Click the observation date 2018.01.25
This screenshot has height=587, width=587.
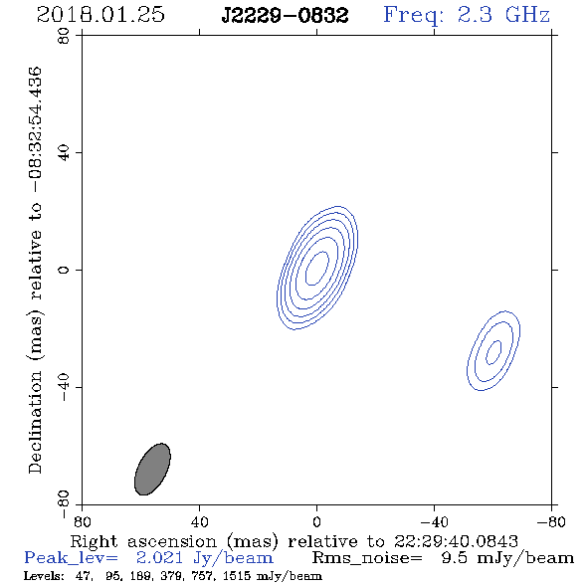point(100,15)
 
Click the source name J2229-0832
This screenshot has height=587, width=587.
point(285,16)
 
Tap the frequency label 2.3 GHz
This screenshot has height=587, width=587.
point(503,15)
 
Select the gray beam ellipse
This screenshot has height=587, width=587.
point(152,469)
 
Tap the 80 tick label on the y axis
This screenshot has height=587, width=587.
point(64,36)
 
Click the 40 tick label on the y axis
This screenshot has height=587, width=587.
point(64,153)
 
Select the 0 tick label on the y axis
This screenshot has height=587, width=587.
point(64,270)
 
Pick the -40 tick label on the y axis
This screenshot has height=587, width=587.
point(64,387)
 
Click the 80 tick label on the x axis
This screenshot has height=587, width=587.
point(82,521)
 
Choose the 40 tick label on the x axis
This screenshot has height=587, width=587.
point(200,521)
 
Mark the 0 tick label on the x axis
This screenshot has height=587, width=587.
point(316,521)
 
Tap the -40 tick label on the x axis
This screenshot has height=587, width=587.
point(434,521)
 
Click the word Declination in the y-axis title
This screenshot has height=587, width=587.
point(35,423)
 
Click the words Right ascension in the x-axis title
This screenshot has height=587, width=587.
point(143,542)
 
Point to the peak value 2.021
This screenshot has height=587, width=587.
point(159,558)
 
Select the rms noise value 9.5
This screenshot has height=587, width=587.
point(455,558)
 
